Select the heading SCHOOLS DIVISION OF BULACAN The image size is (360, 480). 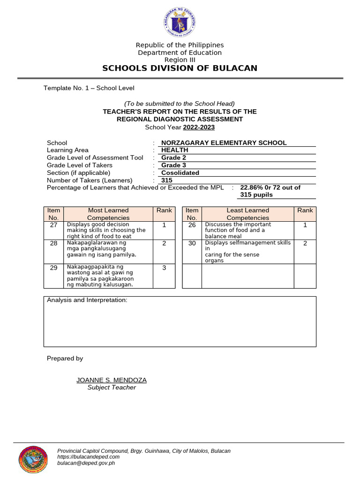[180, 68]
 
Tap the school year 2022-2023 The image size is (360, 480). [199, 127]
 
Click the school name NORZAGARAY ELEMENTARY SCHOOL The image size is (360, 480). [224, 143]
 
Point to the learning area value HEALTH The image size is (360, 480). [174, 150]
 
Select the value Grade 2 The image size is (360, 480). [173, 158]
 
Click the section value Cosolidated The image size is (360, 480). [180, 173]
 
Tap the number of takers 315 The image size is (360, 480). [167, 180]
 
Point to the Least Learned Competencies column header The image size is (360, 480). [247, 214]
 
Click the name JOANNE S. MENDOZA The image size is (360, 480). [112, 380]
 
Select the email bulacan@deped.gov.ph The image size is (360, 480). [86, 463]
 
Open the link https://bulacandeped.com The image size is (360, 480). [88, 457]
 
